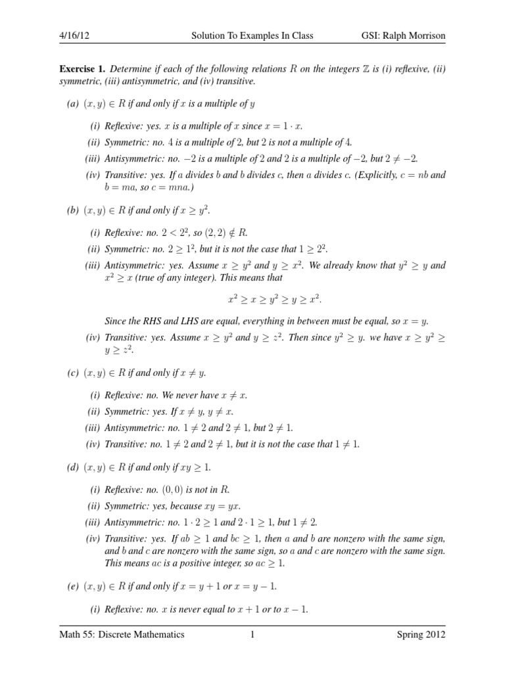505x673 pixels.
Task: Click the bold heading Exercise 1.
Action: pyautogui.click(x=83, y=69)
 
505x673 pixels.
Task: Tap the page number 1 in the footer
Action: pyautogui.click(x=252, y=634)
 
